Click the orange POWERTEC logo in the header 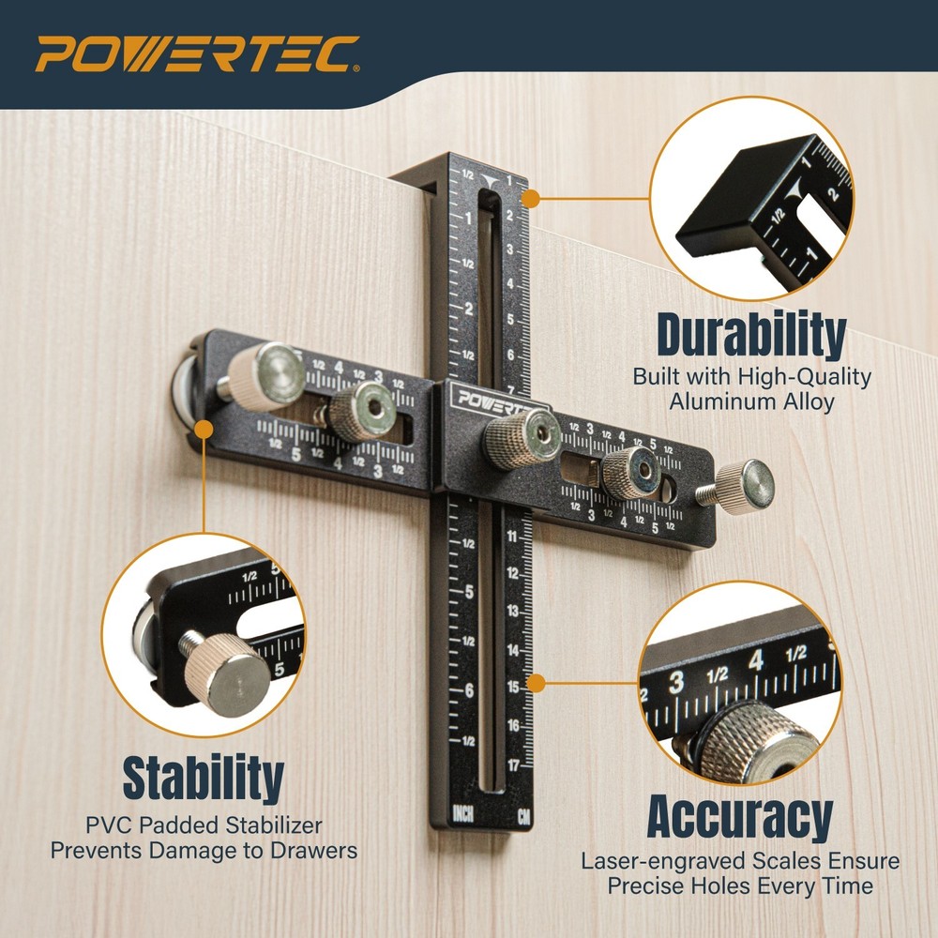pos(197,54)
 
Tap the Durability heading pos(750,335)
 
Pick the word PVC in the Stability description pos(108,826)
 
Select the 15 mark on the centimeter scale pos(513,688)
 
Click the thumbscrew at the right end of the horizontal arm pos(749,485)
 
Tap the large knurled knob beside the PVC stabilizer pos(269,375)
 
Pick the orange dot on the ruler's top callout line pos(530,199)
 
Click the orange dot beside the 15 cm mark pos(537,684)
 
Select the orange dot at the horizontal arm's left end pos(203,430)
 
